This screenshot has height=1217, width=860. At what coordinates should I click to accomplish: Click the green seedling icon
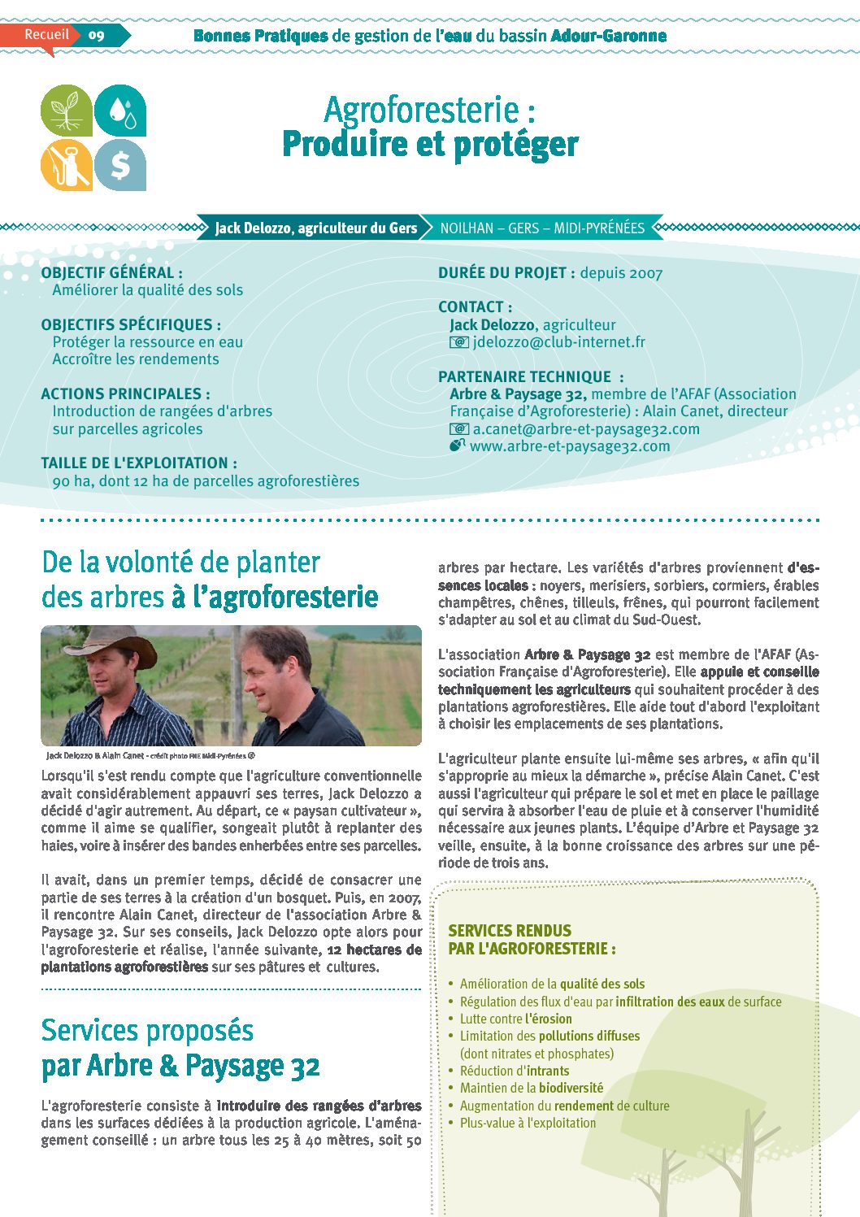pyautogui.click(x=67, y=111)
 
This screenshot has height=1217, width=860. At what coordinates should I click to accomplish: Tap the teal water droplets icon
pyautogui.click(x=120, y=111)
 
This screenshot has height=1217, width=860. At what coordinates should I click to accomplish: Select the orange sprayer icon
pyautogui.click(x=67, y=164)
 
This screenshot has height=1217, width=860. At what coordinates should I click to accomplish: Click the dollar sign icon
pyautogui.click(x=120, y=164)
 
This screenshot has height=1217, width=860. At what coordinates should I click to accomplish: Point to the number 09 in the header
pyautogui.click(x=97, y=35)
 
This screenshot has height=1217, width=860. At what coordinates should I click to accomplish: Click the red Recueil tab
pyautogui.click(x=46, y=35)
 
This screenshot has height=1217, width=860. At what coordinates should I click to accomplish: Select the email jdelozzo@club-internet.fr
pyautogui.click(x=558, y=342)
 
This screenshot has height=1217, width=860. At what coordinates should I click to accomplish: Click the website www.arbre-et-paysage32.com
pyautogui.click(x=569, y=446)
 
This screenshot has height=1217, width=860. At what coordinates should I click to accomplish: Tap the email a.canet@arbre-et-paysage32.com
pyautogui.click(x=585, y=429)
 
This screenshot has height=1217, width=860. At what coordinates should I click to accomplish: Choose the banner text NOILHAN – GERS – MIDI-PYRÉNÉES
pyautogui.click(x=542, y=228)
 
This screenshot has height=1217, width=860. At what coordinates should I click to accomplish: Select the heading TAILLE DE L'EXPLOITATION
pyautogui.click(x=139, y=463)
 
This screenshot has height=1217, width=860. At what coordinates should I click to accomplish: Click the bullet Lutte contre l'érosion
pyautogui.click(x=515, y=1019)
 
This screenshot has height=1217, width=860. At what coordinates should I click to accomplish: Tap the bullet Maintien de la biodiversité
pyautogui.click(x=531, y=1088)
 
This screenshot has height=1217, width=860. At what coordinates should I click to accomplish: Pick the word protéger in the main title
pyautogui.click(x=515, y=145)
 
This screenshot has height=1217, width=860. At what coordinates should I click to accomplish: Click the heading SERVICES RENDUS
pyautogui.click(x=510, y=931)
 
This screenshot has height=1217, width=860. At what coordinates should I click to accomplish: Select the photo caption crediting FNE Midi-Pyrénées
pyautogui.click(x=150, y=756)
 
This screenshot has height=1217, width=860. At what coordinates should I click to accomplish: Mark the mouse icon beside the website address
pyautogui.click(x=458, y=446)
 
